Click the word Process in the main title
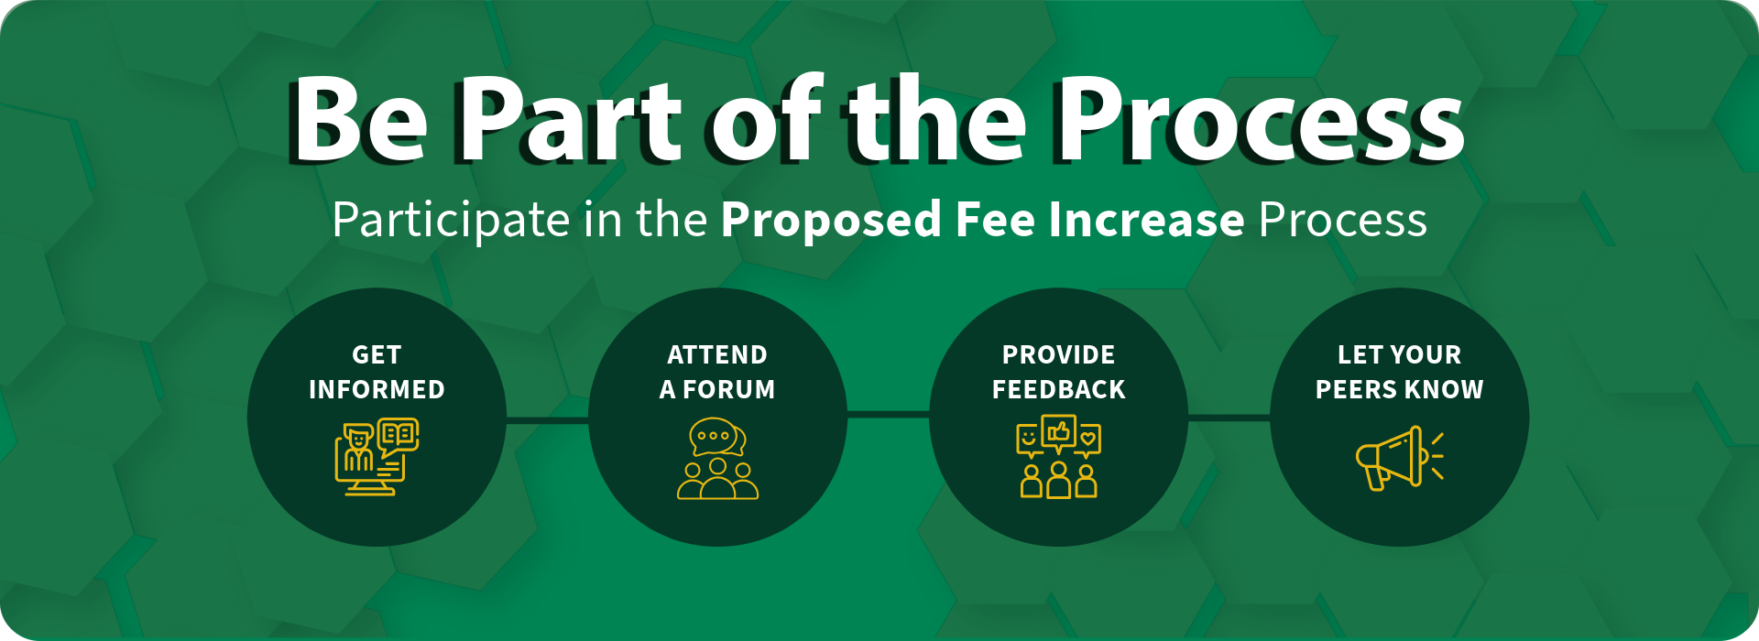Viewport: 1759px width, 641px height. point(1261,119)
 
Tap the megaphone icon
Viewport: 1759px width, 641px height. point(1399,457)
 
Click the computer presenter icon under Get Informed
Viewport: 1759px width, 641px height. point(377,457)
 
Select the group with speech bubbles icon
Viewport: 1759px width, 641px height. point(717,458)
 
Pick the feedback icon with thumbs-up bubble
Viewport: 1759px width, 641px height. point(1058,457)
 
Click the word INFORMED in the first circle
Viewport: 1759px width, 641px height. point(377,389)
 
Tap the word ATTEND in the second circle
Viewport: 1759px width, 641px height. point(717,354)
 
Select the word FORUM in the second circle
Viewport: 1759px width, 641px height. point(729,389)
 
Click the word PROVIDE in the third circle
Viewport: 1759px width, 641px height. point(1058,354)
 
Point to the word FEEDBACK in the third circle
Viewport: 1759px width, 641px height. point(1058,389)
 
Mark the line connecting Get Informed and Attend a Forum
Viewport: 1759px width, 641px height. point(547,420)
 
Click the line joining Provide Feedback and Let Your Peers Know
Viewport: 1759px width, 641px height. point(1229,418)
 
